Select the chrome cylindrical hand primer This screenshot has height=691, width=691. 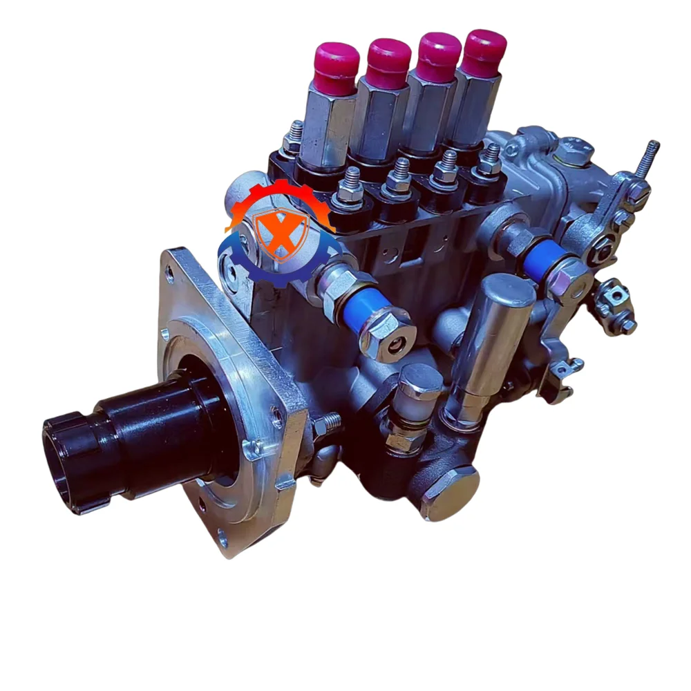496,332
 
